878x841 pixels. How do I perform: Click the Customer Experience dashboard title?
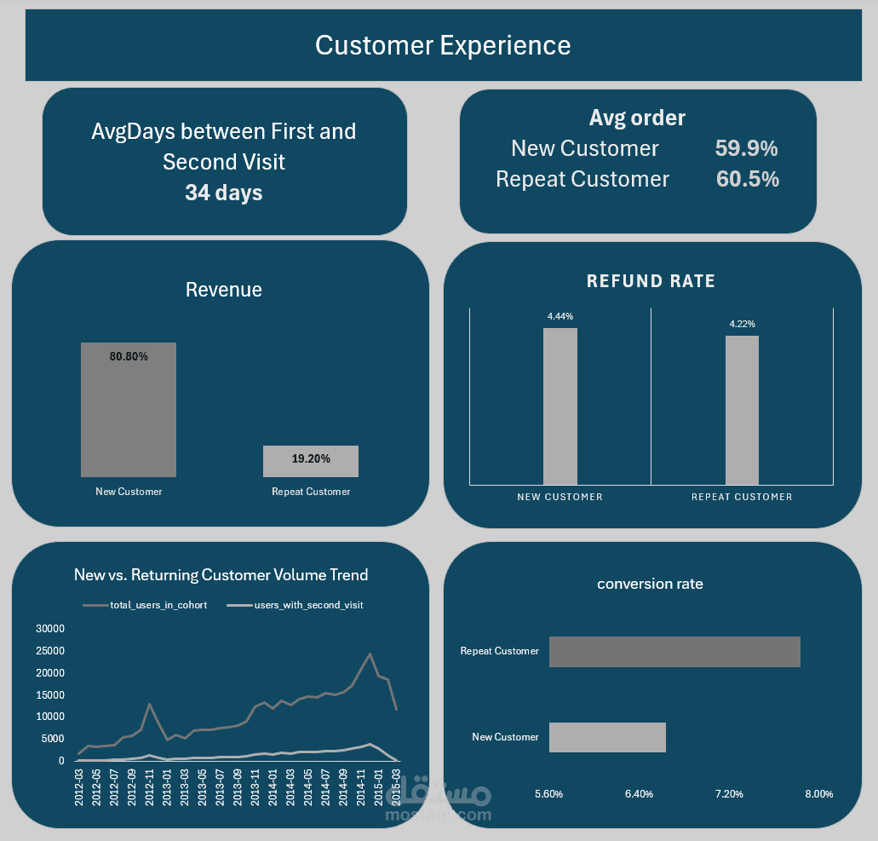pos(443,45)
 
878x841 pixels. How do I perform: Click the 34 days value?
pos(223,193)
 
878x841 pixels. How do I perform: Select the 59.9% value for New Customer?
pos(746,148)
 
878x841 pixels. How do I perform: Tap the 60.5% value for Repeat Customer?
pos(747,179)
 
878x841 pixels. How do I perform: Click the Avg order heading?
pos(637,118)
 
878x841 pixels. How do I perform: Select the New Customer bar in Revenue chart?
pos(129,410)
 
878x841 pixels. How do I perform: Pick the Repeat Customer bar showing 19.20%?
pos(311,461)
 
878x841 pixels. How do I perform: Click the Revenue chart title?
pos(224,290)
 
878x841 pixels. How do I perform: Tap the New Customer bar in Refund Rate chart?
pos(560,406)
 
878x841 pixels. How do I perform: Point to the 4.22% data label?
pos(742,324)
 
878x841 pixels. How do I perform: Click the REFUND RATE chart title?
pos(651,281)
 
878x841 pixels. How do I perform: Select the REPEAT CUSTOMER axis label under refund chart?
pos(742,497)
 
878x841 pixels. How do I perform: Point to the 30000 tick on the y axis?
pos(49,629)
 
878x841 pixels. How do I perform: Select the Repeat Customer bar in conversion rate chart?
pos(674,651)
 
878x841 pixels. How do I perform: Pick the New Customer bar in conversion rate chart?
pos(607,737)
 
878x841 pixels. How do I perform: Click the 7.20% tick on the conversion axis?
pos(729,794)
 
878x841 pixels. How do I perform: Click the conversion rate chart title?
pos(650,584)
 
